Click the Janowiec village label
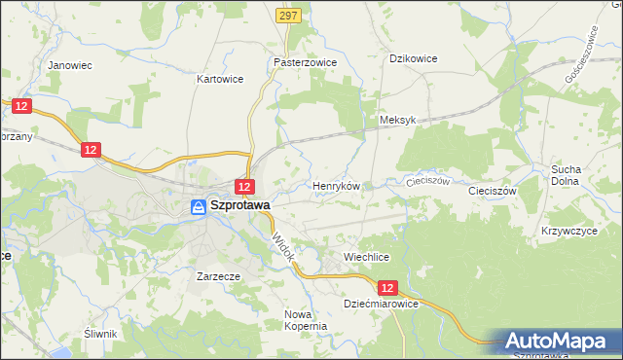click(69, 65)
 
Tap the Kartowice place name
click(218, 78)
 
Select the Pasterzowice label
click(305, 60)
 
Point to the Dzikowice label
click(413, 58)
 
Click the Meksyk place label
click(397, 120)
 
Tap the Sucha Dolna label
click(566, 174)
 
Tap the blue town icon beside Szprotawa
click(198, 206)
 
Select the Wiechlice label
click(366, 257)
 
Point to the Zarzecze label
click(218, 275)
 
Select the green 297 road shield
click(288, 17)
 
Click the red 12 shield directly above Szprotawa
click(245, 187)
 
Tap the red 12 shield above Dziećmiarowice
click(388, 288)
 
